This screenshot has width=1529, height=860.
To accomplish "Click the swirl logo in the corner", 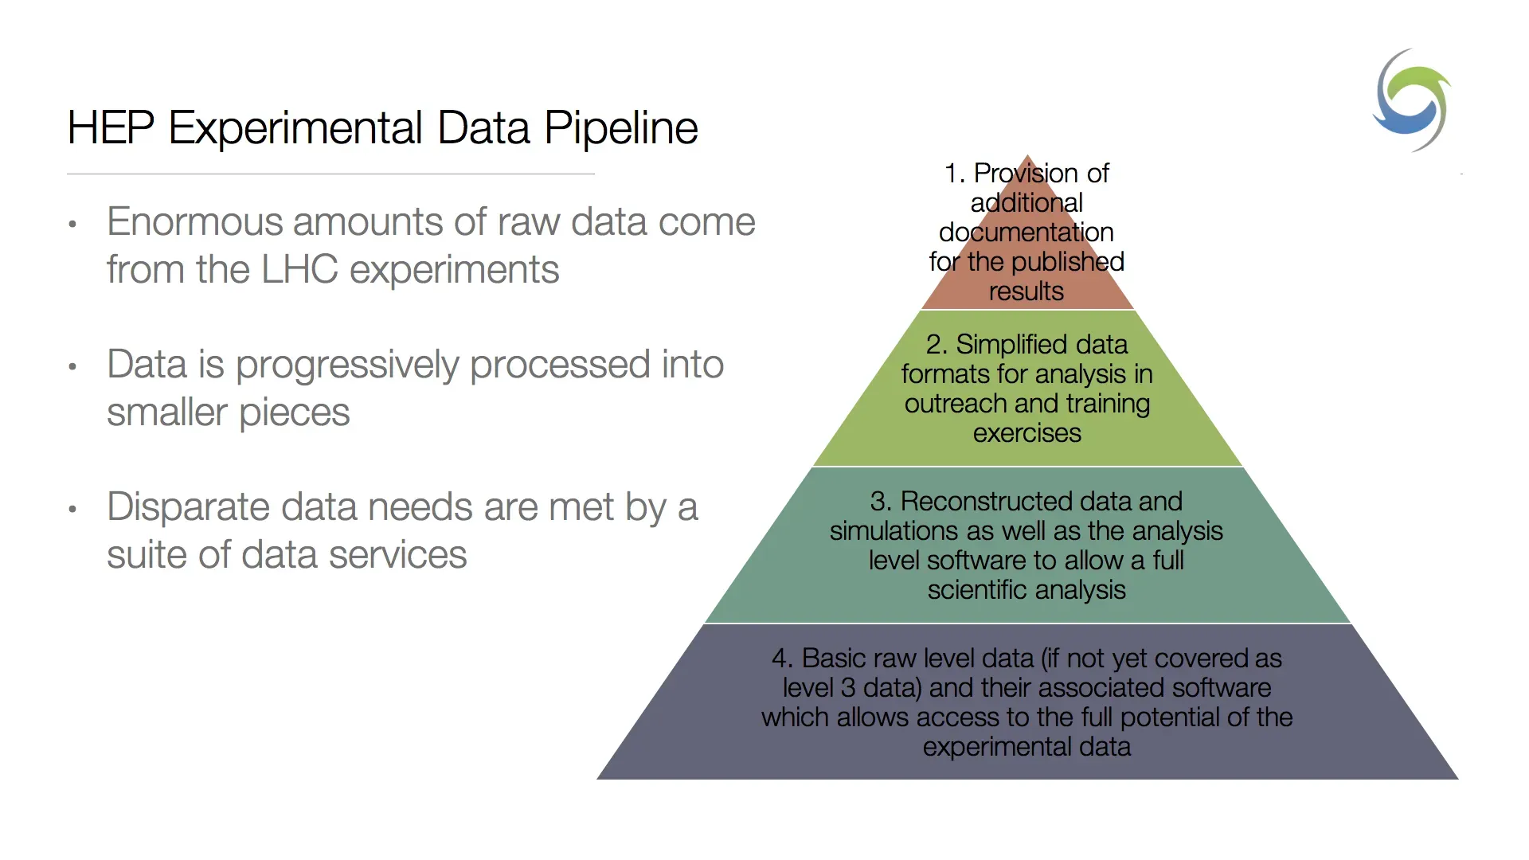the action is pos(1411,100).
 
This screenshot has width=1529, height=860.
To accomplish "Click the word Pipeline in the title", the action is pos(621,129).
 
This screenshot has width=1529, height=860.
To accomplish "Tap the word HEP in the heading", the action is pos(111,127).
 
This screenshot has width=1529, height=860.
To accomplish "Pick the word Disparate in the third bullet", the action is pos(188,508).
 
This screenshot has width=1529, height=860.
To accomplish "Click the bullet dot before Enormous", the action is pos(72,225).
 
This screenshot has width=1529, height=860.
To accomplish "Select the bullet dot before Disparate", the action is pos(72,510).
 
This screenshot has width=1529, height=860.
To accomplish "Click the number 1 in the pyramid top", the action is pos(951,174).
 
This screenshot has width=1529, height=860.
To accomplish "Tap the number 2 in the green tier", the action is pos(933,345).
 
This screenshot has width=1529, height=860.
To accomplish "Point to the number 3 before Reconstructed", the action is pos(878,502).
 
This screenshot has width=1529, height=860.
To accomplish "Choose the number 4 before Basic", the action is pos(780,659).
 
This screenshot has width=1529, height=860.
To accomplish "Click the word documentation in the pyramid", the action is pos(1027,233).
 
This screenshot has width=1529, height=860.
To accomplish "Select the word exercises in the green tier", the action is pos(1027,433).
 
